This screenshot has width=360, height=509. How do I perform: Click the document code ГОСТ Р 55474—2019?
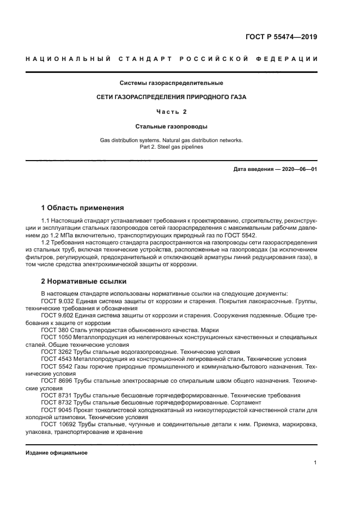(x=281, y=38)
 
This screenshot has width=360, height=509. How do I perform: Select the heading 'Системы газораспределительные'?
(x=171, y=83)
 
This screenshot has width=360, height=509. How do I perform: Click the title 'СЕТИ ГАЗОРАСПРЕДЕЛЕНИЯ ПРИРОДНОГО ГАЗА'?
(x=171, y=97)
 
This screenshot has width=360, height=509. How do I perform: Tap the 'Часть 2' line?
(x=171, y=112)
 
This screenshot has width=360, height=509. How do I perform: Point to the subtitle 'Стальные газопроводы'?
(x=171, y=126)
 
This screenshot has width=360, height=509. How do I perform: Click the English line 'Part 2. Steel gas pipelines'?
(x=171, y=146)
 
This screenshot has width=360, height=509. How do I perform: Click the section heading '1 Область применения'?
(x=82, y=207)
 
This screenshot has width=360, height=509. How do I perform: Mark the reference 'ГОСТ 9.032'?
(x=58, y=301)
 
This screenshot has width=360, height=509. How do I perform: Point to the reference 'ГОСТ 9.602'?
(x=58, y=315)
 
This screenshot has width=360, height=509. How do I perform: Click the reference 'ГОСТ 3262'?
(x=56, y=352)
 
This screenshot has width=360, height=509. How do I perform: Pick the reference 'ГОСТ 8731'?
(x=56, y=395)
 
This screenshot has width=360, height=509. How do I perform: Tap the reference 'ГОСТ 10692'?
(x=58, y=424)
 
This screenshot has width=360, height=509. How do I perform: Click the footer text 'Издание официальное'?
(x=57, y=453)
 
